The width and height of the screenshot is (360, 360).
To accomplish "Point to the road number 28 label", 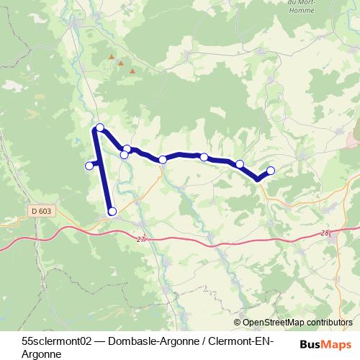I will click(x=325, y=233).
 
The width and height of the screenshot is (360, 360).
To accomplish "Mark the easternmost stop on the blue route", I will click(x=271, y=171).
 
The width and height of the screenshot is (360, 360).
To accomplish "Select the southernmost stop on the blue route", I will click(x=112, y=211).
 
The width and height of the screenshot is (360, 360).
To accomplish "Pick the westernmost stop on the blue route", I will click(x=89, y=166).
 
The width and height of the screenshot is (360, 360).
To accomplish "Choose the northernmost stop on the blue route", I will click(x=100, y=127).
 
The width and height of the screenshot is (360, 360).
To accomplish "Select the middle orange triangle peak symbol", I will click(x=121, y=63).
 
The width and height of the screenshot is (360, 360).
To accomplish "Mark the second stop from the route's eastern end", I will click(x=239, y=164).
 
